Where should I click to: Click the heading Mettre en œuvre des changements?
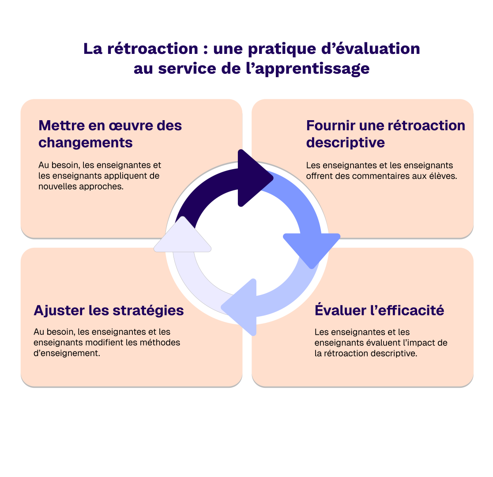pyautogui.click(x=110, y=134)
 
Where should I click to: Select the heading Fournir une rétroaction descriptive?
pyautogui.click(x=385, y=134)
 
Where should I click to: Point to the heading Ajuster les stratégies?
pyautogui.click(x=109, y=310)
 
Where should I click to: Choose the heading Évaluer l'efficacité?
pyautogui.click(x=379, y=310)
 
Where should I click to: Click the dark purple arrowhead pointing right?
pyautogui.click(x=253, y=178)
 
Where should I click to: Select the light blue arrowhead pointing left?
pyautogui.click(x=241, y=307)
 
